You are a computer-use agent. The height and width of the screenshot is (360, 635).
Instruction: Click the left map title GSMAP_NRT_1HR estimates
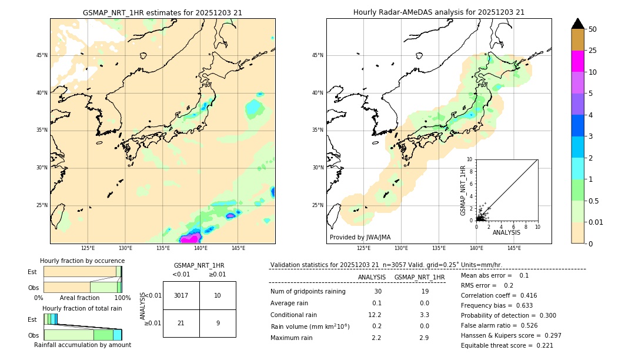pyautogui.click(x=162, y=12)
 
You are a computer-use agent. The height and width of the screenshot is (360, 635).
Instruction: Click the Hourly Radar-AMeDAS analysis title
pyautogui.click(x=439, y=12)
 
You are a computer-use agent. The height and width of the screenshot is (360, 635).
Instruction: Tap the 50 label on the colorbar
pyautogui.click(x=593, y=29)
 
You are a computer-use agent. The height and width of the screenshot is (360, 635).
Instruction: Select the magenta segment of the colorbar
pyautogui.click(x=577, y=61)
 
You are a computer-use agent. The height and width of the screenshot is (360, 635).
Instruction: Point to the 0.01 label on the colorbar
pyautogui.click(x=596, y=222)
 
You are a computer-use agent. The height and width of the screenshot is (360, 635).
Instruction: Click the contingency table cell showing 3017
pyautogui.click(x=181, y=295)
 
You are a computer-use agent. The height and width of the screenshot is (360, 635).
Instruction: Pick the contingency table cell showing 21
pyautogui.click(x=181, y=323)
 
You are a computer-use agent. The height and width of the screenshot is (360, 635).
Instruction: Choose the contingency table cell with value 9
pyautogui.click(x=218, y=323)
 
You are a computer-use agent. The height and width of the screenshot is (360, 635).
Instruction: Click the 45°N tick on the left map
pyautogui.click(x=42, y=55)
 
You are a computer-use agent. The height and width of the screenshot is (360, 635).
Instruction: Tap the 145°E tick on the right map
pyautogui.click(x=514, y=248)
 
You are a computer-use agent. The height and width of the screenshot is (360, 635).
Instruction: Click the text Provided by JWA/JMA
pyautogui.click(x=360, y=237)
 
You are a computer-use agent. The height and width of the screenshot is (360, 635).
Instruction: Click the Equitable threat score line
pyautogui.click(x=507, y=345)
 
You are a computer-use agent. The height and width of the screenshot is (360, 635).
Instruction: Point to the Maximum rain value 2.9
pyautogui.click(x=424, y=338)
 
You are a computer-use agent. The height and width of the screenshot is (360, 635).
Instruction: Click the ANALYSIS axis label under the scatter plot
pyautogui.click(x=506, y=232)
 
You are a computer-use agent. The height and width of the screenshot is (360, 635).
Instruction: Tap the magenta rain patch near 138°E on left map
pyautogui.click(x=190, y=238)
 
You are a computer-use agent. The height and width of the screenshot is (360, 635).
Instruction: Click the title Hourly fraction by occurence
pyautogui.click(x=82, y=261)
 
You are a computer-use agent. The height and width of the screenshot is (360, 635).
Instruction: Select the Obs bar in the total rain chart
pyautogui.click(x=82, y=334)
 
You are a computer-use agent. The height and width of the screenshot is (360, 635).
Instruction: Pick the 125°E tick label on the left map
pyautogui.click(x=88, y=248)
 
